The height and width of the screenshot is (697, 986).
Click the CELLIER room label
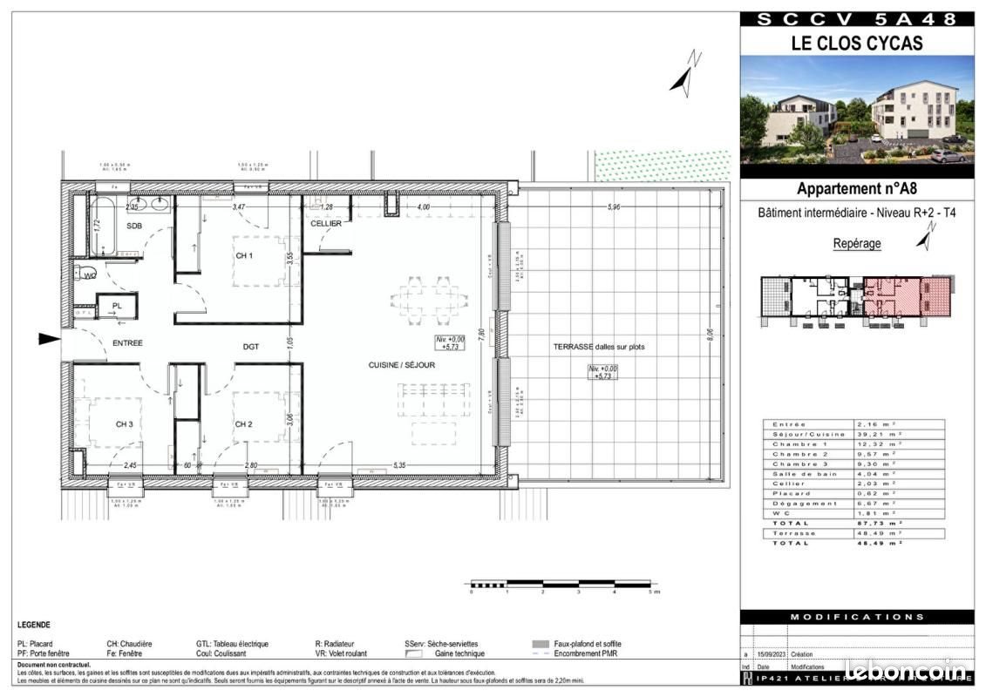[x=326, y=224]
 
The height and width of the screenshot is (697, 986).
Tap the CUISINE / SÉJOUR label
[x=401, y=365]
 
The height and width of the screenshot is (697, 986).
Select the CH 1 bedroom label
[x=244, y=255]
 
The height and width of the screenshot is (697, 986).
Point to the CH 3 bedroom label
[x=125, y=424]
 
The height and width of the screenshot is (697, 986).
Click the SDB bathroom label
[x=133, y=226]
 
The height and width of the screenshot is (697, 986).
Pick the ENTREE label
[x=127, y=343]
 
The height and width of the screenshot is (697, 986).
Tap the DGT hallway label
[x=251, y=347]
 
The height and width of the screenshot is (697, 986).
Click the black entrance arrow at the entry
[x=50, y=339]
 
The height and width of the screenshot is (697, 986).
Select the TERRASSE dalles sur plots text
[x=599, y=347]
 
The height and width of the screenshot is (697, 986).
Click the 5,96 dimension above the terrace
[x=615, y=207]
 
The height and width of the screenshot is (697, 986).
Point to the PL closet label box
[x=117, y=307]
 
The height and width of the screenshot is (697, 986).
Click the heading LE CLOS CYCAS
[x=857, y=42]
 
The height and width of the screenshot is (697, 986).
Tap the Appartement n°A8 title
[x=857, y=188]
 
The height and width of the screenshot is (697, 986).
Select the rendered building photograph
[x=857, y=111]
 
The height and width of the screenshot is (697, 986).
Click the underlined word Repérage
[x=857, y=244]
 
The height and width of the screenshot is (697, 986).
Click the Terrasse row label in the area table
[x=794, y=532]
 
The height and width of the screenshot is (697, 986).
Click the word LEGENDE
[x=34, y=625]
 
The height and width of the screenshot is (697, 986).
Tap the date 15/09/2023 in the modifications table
[x=772, y=653]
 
